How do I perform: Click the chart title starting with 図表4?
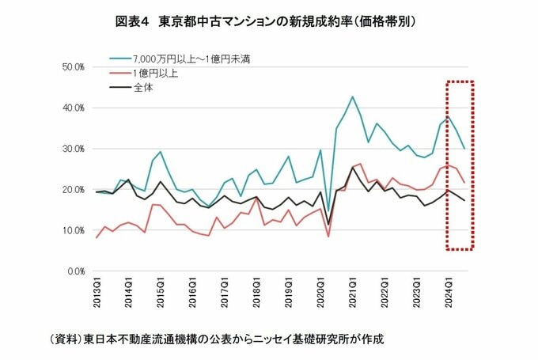pyautogui.click(x=268, y=22)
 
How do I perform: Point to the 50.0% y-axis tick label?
pyautogui.click(x=73, y=66)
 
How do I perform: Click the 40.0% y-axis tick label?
pyautogui.click(x=73, y=108)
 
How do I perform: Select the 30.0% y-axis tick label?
pyautogui.click(x=73, y=149)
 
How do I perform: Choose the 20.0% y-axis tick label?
pyautogui.click(x=73, y=190)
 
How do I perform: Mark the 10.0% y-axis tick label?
pyautogui.click(x=73, y=230)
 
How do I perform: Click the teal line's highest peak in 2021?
pyautogui.click(x=352, y=97)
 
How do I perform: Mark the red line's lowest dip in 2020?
pyautogui.click(x=328, y=236)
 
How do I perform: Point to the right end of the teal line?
pyautogui.click(x=464, y=149)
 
